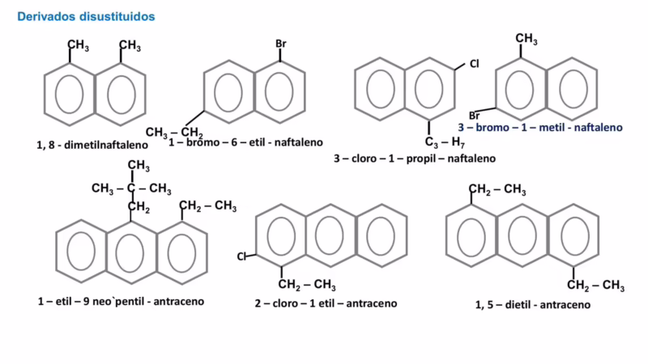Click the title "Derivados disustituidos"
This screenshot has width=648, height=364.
(x=87, y=16)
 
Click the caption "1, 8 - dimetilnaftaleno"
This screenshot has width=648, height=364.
(x=92, y=145)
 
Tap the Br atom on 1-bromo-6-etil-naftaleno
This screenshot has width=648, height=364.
(x=281, y=44)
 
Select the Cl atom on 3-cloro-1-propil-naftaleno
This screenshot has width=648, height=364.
(x=475, y=62)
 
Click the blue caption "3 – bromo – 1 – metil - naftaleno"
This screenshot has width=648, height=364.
(x=539, y=128)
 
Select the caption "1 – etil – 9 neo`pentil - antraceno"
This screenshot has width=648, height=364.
(x=120, y=301)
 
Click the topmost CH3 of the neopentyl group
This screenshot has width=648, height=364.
(x=139, y=166)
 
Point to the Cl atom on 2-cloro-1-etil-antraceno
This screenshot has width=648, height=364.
(x=241, y=256)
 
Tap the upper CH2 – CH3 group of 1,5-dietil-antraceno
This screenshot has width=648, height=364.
(x=498, y=190)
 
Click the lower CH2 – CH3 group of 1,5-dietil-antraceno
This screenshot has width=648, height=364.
(x=595, y=285)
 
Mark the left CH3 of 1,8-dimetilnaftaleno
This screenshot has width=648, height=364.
(x=78, y=45)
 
